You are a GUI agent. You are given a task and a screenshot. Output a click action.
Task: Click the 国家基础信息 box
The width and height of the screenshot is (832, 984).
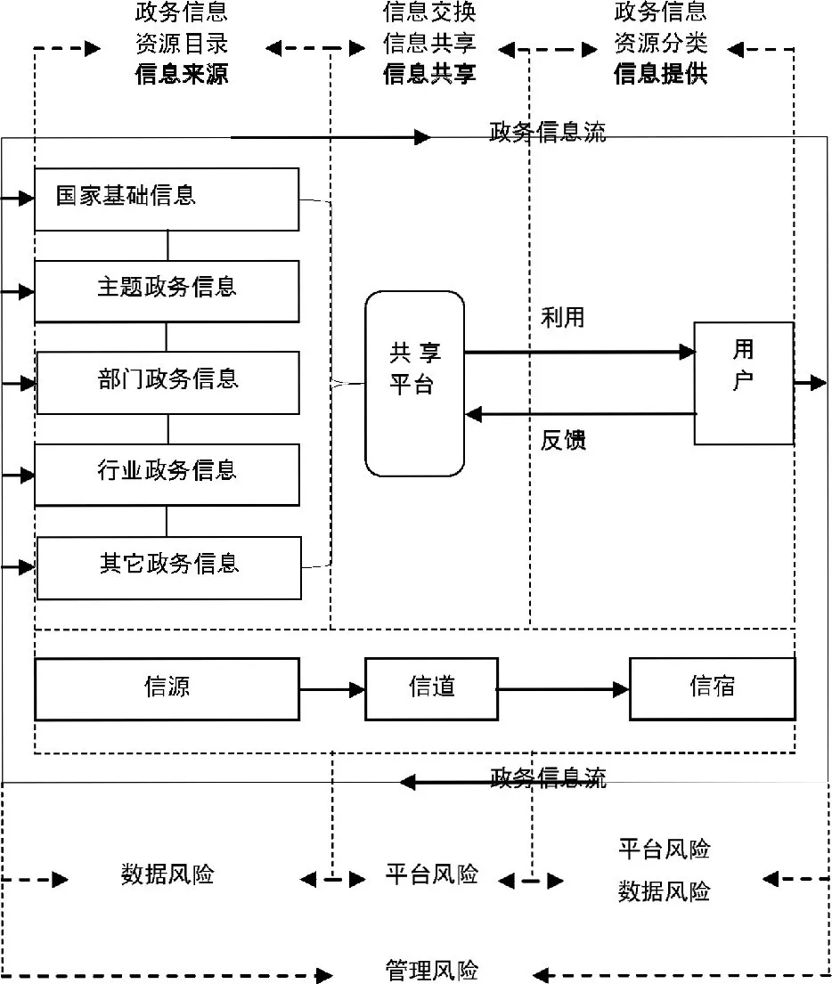point(167,199)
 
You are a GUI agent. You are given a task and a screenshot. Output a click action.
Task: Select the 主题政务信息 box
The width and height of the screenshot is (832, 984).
point(167,290)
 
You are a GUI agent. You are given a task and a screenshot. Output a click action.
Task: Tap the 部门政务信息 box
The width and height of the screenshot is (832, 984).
point(167,382)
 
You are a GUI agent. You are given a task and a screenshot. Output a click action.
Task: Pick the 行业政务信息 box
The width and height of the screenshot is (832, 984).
point(167,474)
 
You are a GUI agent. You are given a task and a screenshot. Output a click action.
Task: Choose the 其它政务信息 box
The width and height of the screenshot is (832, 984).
point(168,567)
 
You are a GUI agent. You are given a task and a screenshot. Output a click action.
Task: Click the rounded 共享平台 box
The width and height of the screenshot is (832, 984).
point(414,384)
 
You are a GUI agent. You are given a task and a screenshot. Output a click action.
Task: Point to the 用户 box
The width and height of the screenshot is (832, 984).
point(743,383)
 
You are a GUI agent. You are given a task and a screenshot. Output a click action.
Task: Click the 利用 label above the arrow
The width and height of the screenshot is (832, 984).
point(562,318)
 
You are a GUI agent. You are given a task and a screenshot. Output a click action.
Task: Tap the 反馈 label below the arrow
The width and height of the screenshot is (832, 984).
point(563,440)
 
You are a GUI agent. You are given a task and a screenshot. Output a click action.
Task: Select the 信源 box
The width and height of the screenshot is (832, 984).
point(167,688)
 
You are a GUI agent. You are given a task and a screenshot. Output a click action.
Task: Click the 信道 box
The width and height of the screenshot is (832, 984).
point(431,688)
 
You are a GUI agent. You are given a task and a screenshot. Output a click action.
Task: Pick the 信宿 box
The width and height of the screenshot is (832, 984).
point(712,688)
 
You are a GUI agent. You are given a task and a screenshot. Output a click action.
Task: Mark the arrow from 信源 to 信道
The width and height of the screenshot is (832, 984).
point(332,689)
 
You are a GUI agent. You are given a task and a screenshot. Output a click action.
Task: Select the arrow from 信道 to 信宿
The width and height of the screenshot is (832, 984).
point(563,689)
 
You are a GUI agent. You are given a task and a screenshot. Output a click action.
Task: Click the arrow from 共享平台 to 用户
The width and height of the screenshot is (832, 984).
point(579,352)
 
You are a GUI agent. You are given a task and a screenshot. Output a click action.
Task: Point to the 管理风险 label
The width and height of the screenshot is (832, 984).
point(431,970)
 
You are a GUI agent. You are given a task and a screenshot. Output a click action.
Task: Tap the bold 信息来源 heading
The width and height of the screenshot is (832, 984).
point(182,74)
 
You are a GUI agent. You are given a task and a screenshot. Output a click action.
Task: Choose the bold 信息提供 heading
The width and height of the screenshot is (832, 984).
point(660,74)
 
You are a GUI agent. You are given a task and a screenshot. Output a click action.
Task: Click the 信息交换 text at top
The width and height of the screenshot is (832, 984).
point(429,12)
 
